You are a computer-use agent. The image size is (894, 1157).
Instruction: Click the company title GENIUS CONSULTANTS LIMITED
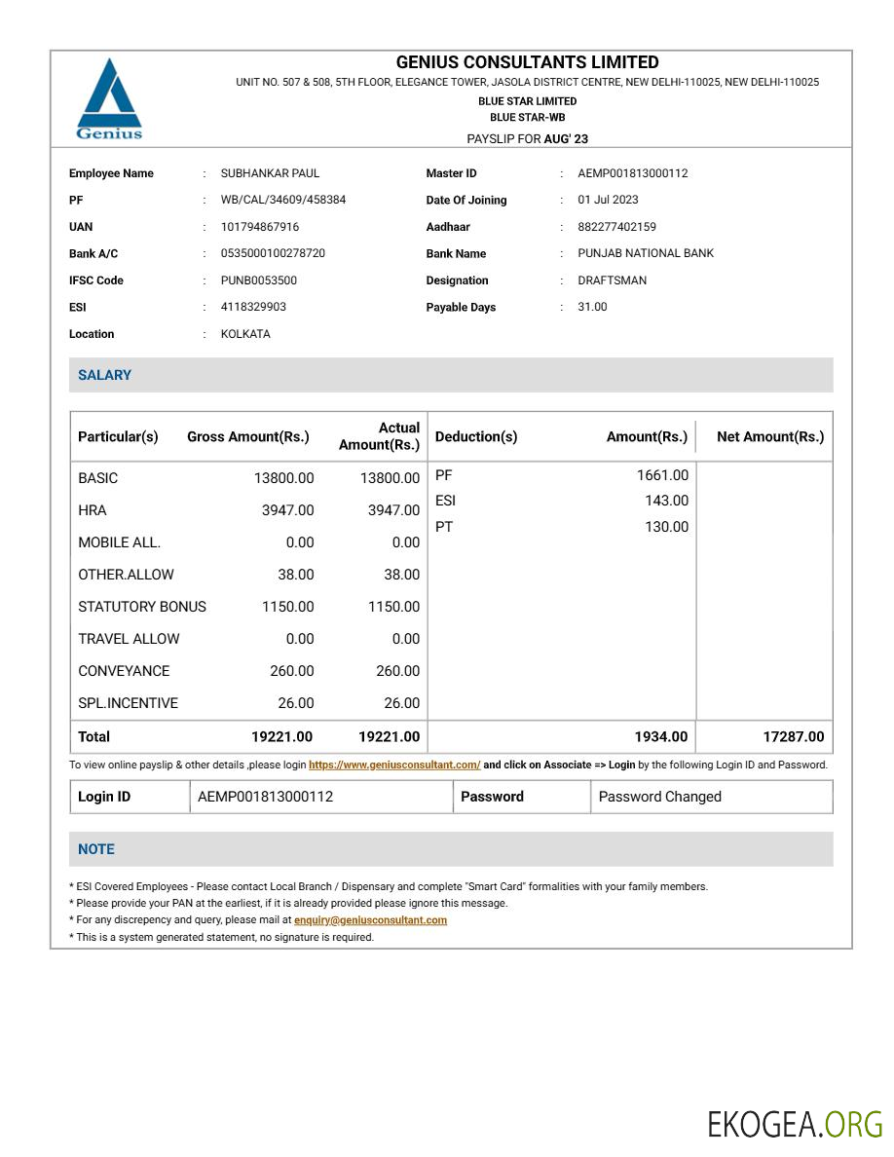pyautogui.click(x=527, y=62)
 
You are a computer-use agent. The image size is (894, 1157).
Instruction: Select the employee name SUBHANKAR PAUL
pyautogui.click(x=270, y=173)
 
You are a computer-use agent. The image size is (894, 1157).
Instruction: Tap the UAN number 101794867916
pyautogui.click(x=260, y=227)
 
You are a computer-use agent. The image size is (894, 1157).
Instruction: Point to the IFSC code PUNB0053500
pyautogui.click(x=259, y=280)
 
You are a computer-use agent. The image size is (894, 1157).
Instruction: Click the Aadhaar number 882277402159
pyautogui.click(x=616, y=227)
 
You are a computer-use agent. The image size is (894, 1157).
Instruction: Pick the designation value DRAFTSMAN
pyautogui.click(x=612, y=280)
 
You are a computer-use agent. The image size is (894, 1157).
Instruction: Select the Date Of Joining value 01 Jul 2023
pyautogui.click(x=608, y=200)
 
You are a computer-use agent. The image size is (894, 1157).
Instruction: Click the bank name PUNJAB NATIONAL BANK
pyautogui.click(x=645, y=253)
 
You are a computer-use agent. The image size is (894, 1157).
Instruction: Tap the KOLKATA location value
pyautogui.click(x=245, y=334)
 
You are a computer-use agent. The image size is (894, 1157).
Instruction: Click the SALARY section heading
pyautogui.click(x=104, y=375)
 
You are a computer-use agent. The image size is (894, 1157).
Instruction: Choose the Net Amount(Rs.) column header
pyautogui.click(x=769, y=436)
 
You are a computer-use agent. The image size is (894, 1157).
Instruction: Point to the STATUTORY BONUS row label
pyautogui.click(x=142, y=607)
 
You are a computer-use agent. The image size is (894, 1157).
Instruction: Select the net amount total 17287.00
pyautogui.click(x=793, y=736)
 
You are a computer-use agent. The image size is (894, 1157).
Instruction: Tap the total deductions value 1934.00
pyautogui.click(x=660, y=736)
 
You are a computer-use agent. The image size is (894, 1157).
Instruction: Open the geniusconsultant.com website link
pyautogui.click(x=394, y=765)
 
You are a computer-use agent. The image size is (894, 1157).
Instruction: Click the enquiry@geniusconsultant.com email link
pyautogui.click(x=370, y=920)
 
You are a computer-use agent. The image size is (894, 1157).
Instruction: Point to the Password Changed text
pyautogui.click(x=659, y=797)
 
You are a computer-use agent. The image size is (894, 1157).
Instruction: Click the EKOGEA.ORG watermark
pyautogui.click(x=795, y=1124)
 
